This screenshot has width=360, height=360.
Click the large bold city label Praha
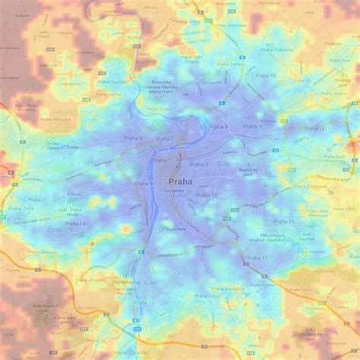pos(180,182)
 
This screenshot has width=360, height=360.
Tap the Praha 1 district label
pos(161,159)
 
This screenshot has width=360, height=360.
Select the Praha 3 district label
pos(199,164)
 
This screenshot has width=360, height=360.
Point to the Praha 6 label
pos(132,138)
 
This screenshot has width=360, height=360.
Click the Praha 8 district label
pos(219,127)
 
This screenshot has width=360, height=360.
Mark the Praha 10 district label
pos(207,195)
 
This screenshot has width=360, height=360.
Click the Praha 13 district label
pos(74,223)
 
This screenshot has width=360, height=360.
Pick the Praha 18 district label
pos(266,76)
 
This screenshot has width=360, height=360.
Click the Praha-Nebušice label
pos(55,119)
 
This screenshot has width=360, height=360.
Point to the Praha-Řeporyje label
pos(44,251)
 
